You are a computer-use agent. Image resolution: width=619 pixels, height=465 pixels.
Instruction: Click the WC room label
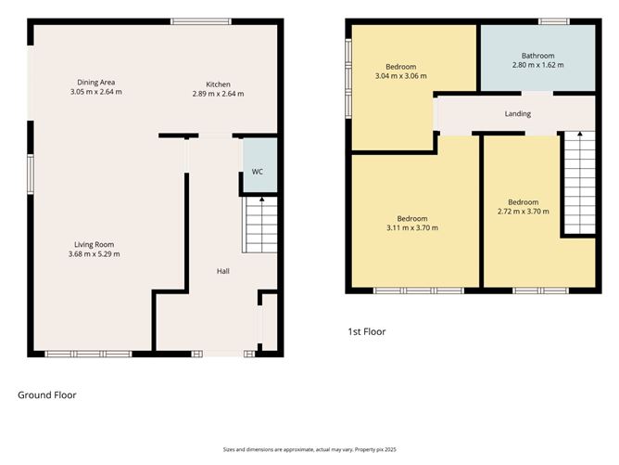tap(259, 172)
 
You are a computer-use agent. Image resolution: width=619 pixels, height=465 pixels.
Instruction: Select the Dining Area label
tap(95, 83)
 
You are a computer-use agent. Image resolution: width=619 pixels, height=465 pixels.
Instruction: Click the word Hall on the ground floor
tap(223, 270)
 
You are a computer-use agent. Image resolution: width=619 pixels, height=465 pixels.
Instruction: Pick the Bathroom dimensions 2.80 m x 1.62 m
tap(537, 65)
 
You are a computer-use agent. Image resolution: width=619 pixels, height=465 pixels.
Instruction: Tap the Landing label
tap(517, 114)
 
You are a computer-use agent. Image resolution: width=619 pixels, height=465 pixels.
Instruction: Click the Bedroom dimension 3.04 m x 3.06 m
tap(401, 76)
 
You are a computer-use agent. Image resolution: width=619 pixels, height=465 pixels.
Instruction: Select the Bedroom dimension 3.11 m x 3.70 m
tap(412, 227)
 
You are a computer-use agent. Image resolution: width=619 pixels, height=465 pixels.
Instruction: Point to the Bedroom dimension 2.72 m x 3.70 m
tap(523, 212)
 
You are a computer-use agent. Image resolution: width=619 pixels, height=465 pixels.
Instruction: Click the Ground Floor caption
tap(47, 394)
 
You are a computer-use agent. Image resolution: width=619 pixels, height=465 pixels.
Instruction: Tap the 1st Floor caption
tap(366, 331)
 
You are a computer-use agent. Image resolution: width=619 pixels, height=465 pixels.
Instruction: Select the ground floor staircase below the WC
tap(260, 226)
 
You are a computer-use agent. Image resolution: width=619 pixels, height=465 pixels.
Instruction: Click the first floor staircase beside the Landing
tap(579, 183)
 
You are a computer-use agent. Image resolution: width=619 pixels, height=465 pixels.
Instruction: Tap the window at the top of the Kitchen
tap(201, 21)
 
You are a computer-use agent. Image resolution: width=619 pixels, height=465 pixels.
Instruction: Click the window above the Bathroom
tap(554, 21)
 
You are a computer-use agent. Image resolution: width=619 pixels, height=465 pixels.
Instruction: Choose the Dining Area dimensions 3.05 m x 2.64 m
tap(95, 92)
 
